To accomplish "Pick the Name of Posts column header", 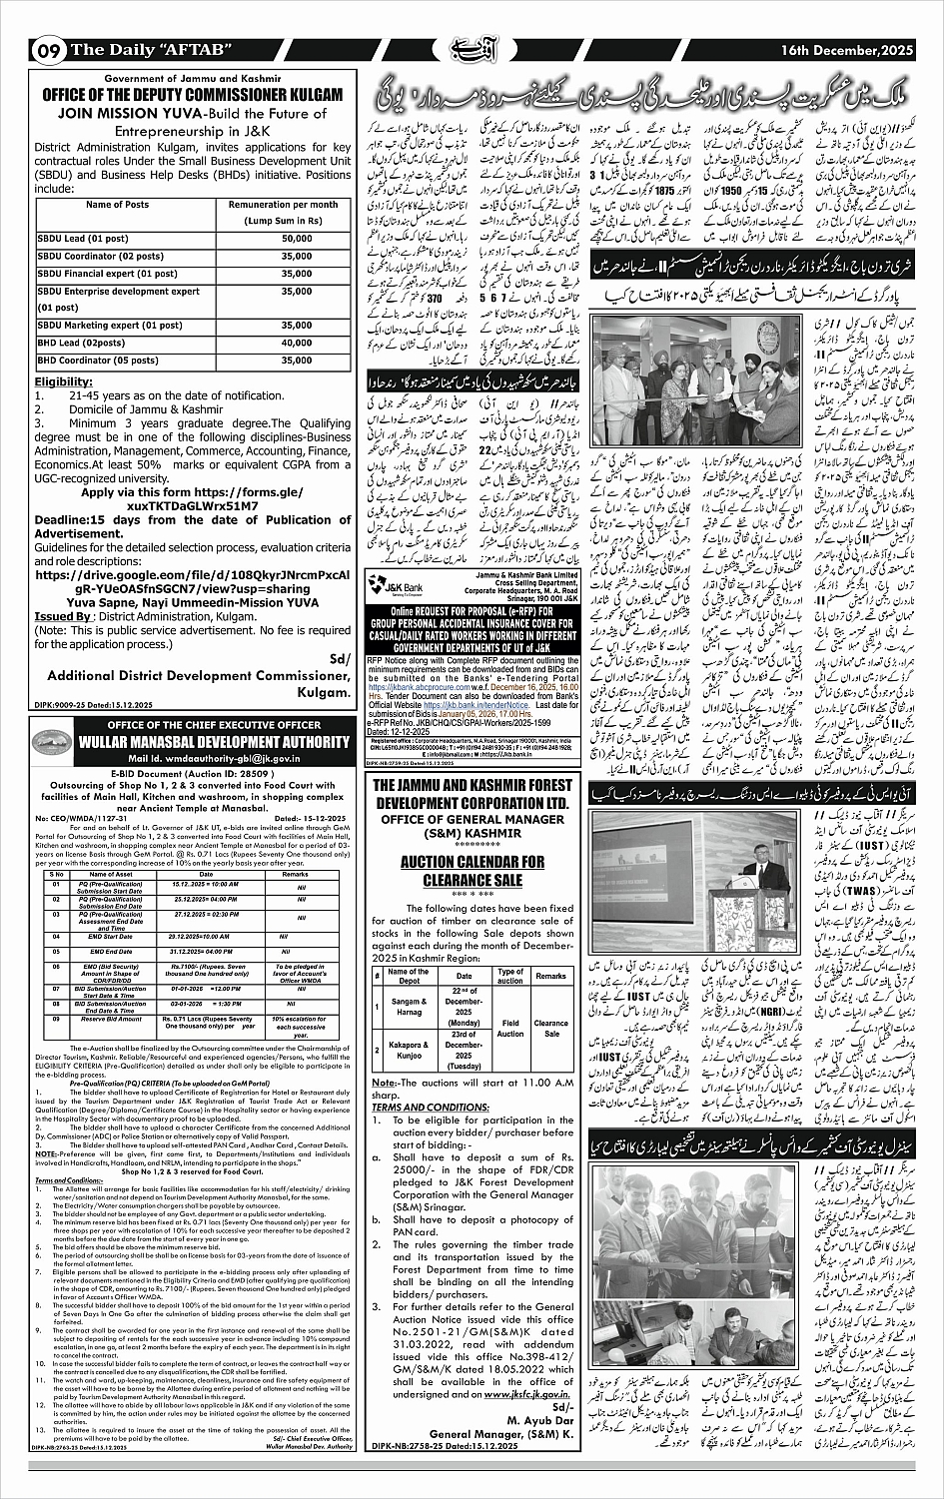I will (117, 205).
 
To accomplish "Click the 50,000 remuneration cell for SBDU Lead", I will (297, 239).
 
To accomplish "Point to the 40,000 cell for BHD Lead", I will (297, 343).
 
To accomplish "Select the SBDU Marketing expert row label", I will (110, 326).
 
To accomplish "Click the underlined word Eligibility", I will (64, 381).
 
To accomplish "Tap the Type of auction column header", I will (510, 976).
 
